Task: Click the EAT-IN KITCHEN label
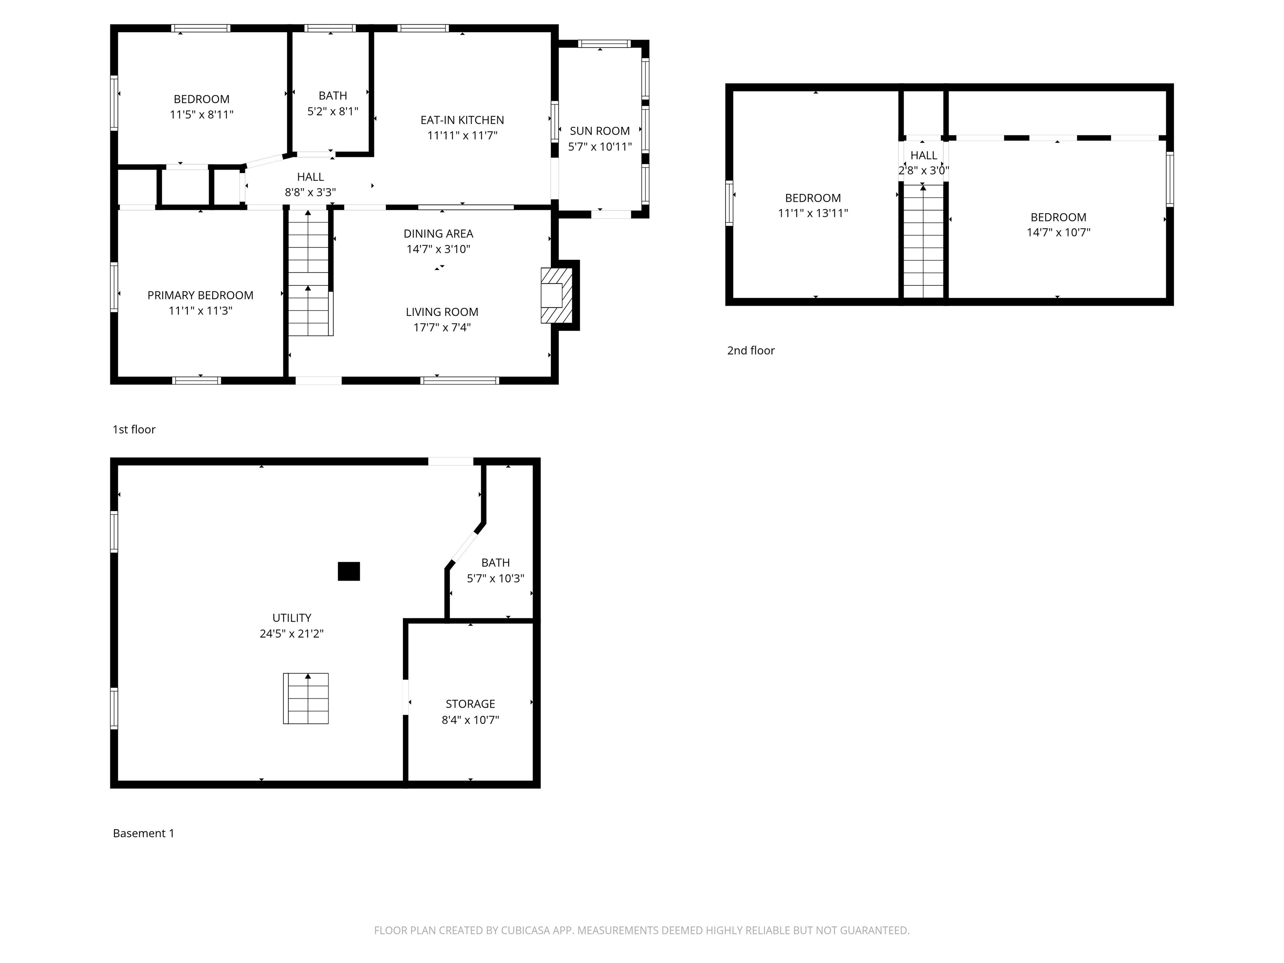coord(462,120)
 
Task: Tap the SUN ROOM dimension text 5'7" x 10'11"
coord(600,147)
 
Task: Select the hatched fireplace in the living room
coord(556,296)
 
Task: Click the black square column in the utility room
coord(349,571)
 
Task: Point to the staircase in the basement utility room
coord(306,698)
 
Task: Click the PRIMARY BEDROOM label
coord(200,296)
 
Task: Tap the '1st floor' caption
coord(134,430)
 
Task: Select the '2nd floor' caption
coord(751,351)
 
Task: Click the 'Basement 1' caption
coord(143,833)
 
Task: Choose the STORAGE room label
coord(470,704)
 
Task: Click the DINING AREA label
coord(438,234)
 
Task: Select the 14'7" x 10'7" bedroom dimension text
coord(1058,233)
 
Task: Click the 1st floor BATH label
coord(333,96)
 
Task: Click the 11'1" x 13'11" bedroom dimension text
coord(813,214)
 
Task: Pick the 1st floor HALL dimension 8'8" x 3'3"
coord(310,193)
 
